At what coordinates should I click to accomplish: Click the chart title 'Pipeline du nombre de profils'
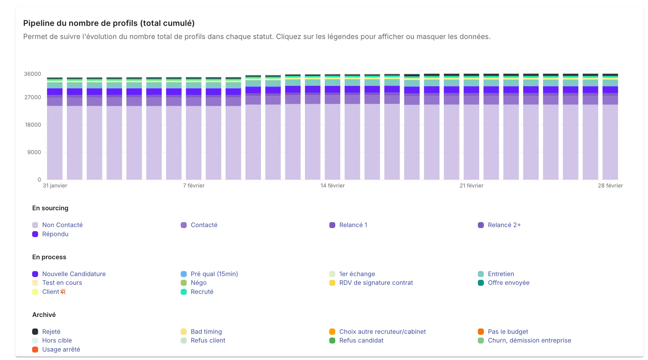109,23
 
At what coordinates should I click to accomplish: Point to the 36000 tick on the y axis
32,74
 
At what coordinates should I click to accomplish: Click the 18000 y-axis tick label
33,125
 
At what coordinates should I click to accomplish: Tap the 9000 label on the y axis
34,152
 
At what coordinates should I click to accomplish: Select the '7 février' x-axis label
194,186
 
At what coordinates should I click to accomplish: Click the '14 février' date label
332,186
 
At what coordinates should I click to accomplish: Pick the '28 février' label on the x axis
610,186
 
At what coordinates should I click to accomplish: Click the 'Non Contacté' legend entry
62,225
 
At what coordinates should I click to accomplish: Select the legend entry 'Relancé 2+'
504,225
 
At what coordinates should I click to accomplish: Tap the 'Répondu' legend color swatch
35,234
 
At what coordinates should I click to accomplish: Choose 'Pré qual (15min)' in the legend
214,274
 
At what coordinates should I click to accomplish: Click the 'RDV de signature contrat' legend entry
376,283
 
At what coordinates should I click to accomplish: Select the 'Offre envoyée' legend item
508,283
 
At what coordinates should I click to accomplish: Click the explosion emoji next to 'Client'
63,291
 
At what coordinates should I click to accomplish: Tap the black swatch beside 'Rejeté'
35,332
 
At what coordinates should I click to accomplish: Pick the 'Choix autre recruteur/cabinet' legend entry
382,332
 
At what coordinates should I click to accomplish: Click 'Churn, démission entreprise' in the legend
529,340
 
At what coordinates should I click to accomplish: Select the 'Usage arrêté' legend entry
61,349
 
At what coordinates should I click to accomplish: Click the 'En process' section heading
49,257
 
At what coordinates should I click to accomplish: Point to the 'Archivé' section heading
44,315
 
